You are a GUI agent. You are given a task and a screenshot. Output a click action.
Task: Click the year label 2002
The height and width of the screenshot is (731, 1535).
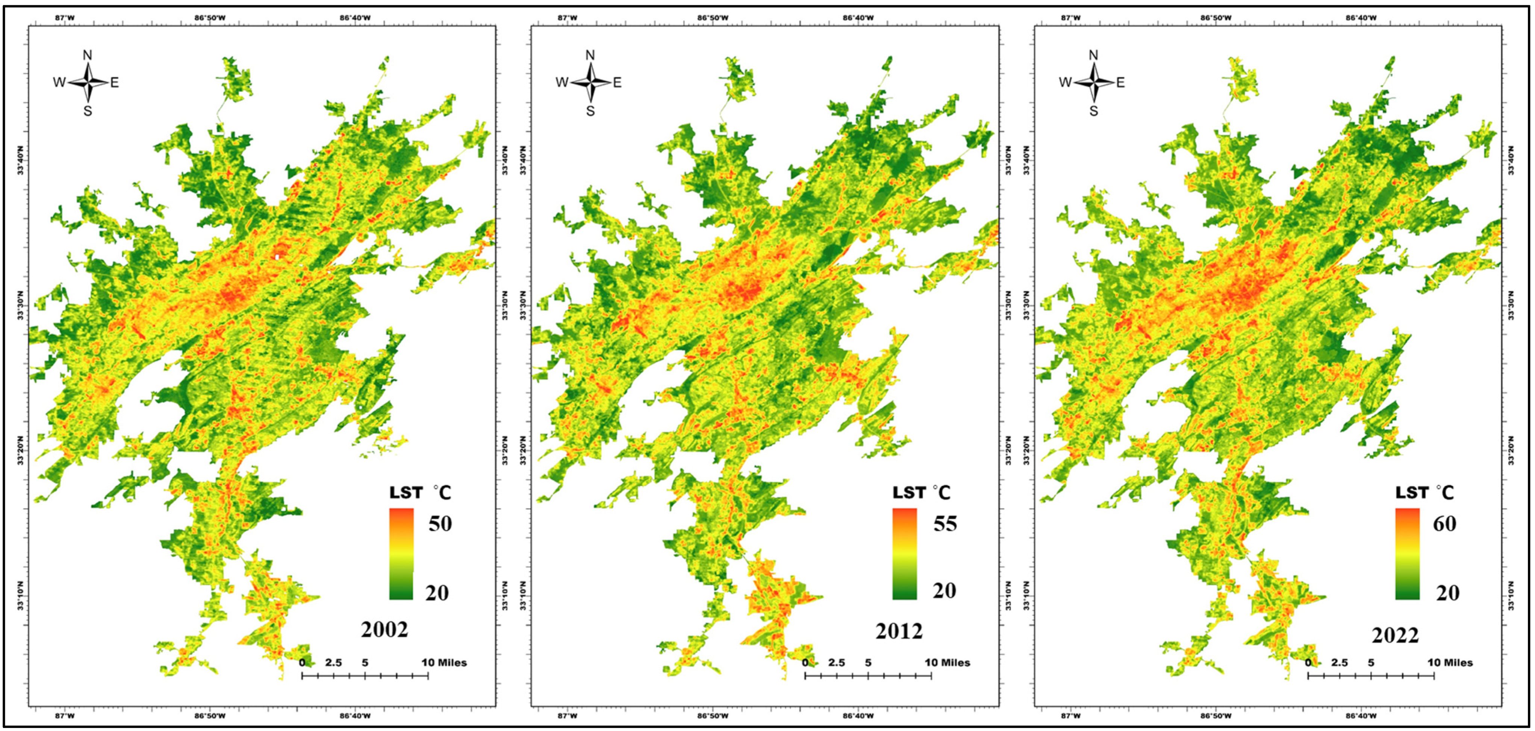(x=385, y=630)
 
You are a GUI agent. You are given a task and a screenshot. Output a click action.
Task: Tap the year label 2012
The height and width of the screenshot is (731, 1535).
(x=899, y=631)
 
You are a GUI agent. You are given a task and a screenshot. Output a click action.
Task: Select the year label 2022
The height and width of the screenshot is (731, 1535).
(x=1395, y=635)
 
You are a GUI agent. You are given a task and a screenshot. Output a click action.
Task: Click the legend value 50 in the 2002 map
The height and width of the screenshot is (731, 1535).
(x=440, y=524)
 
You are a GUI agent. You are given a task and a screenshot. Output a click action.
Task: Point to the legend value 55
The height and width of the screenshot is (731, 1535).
(x=945, y=524)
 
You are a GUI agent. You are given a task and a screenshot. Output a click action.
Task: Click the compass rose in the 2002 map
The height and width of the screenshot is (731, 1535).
(x=88, y=83)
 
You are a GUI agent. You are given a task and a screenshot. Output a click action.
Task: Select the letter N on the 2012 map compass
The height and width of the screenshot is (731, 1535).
(x=590, y=55)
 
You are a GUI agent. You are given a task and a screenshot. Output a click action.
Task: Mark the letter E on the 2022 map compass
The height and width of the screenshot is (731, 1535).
(x=1120, y=83)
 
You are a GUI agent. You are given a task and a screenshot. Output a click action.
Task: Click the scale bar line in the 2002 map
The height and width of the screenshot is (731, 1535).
(x=365, y=676)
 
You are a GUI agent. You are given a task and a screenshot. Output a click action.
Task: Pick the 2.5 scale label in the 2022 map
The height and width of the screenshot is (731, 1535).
(x=1340, y=663)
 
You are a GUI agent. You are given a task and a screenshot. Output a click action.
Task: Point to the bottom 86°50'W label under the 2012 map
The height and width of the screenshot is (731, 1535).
(x=713, y=716)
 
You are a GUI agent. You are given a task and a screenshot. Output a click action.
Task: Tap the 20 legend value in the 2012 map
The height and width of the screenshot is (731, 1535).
(x=944, y=591)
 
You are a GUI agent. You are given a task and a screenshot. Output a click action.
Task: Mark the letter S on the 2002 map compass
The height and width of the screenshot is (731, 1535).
(x=88, y=111)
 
